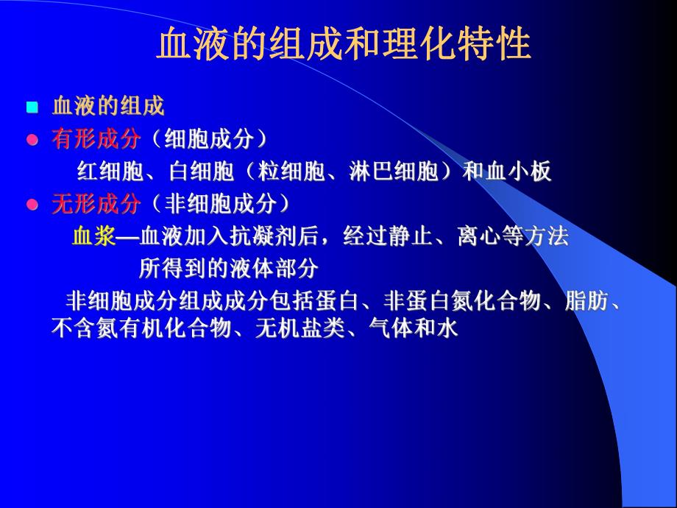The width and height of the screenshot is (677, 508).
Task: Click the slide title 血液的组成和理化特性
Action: coord(344,45)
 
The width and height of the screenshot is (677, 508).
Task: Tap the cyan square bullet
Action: coord(32,107)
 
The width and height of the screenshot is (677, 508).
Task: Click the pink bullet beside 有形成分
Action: coord(32,140)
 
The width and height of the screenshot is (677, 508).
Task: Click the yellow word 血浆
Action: coord(93,236)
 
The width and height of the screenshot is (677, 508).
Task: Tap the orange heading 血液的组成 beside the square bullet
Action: coord(107,106)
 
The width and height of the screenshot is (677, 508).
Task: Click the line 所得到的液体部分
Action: coord(228,269)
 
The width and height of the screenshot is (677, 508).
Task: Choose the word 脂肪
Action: coord(587,301)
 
